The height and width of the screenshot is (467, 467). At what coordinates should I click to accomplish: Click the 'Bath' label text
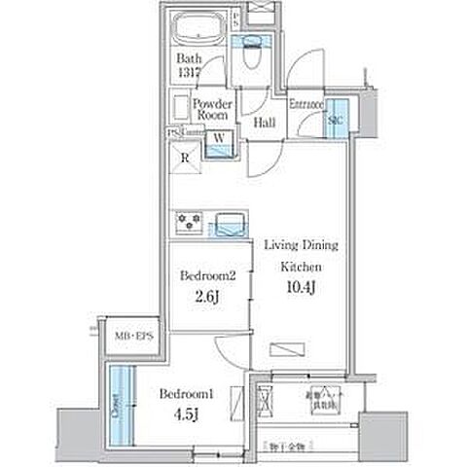188,58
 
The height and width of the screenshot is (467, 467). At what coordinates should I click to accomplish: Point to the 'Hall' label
264,124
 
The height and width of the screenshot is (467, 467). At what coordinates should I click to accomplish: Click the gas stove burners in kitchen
189,223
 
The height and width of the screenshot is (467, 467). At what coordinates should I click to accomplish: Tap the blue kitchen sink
229,224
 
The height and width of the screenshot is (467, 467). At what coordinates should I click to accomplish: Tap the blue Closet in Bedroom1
120,400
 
